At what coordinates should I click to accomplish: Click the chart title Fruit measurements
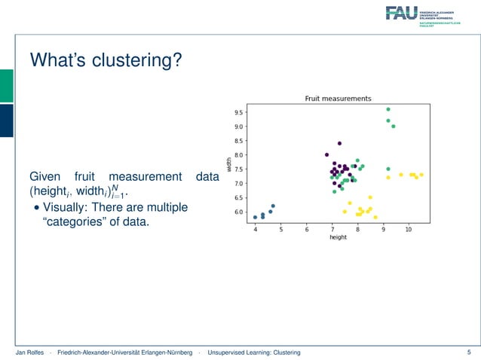(x=337, y=98)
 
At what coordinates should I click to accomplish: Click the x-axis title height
(x=338, y=237)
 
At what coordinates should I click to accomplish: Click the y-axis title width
(x=229, y=163)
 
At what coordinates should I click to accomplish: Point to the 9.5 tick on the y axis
(x=238, y=113)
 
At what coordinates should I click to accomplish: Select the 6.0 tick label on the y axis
(x=238, y=212)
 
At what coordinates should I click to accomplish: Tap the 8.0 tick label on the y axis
(x=238, y=155)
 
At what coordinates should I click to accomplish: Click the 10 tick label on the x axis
(x=409, y=229)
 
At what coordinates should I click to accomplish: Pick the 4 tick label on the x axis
(x=256, y=229)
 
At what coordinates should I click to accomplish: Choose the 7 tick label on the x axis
(x=332, y=229)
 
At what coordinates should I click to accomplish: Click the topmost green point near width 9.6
(x=388, y=109)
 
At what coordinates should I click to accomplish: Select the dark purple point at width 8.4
(x=340, y=143)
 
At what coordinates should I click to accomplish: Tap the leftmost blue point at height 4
(x=256, y=217)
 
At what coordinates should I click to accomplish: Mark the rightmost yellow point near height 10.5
(x=421, y=175)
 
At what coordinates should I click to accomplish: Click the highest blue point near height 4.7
(x=273, y=206)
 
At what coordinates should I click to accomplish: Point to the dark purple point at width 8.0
(x=326, y=155)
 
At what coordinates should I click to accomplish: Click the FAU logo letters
(x=401, y=12)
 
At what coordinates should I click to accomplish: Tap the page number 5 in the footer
(x=468, y=352)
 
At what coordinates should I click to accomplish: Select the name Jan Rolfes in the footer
(x=29, y=352)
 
